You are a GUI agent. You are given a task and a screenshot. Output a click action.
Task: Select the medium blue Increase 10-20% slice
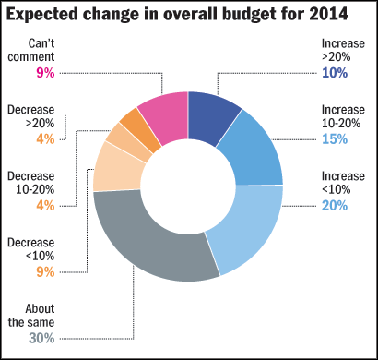pyautogui.click(x=255, y=150)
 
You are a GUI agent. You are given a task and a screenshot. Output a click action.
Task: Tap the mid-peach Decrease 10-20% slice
pyautogui.click(x=127, y=142)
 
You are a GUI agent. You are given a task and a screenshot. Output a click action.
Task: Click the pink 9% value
pyautogui.click(x=45, y=73)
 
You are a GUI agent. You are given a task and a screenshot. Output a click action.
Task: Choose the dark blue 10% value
pyautogui.click(x=335, y=73)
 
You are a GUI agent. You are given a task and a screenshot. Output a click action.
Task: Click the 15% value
pyautogui.click(x=335, y=139)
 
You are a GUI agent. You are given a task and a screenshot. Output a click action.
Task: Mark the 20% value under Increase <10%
pyautogui.click(x=335, y=206)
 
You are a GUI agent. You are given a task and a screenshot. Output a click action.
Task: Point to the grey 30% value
pyautogui.click(x=41, y=339)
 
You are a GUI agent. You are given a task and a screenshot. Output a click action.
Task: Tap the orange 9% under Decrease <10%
pyautogui.click(x=45, y=272)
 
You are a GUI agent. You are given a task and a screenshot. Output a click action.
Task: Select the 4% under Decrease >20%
pyautogui.click(x=45, y=139)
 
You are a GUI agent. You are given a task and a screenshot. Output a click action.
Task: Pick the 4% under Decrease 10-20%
pyautogui.click(x=45, y=206)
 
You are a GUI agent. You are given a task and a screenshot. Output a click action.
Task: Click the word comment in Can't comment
pyautogui.click(x=31, y=57)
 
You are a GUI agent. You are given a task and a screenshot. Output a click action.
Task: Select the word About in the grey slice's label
pyautogui.click(x=41, y=308)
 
